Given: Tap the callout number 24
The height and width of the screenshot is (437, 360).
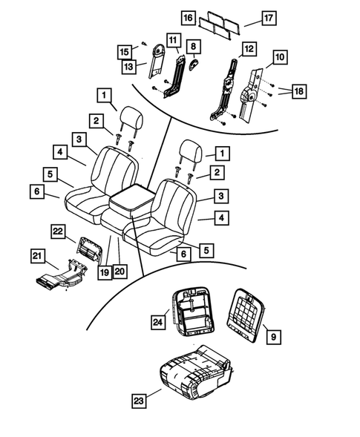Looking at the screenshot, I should point(158,321).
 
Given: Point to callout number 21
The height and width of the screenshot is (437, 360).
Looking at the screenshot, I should point(37,256).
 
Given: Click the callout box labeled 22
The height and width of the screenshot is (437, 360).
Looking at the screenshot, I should point(58,232).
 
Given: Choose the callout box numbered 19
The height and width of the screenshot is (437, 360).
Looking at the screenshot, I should point(105,272).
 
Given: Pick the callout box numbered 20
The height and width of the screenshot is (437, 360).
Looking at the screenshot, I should point(120,272).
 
